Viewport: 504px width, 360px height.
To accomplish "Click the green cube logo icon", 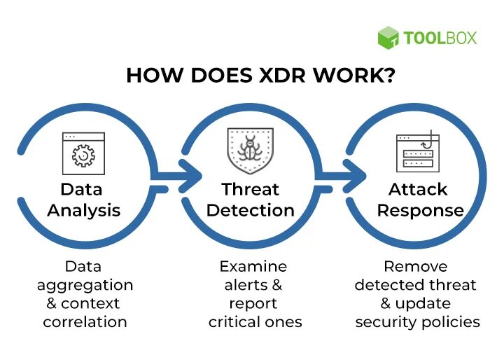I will [388, 38].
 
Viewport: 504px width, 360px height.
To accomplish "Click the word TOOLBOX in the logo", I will [440, 38].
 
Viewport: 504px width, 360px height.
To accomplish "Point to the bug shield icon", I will [250, 149].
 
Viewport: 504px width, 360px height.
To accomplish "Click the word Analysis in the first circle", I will [83, 210].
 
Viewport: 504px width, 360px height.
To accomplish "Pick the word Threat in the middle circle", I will [250, 189].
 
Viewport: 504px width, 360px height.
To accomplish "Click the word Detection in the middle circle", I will [250, 210].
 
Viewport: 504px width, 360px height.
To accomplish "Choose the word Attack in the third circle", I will [419, 189].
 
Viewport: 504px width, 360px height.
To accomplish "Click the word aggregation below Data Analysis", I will [85, 285].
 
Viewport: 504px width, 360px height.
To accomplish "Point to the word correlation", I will [85, 322].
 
